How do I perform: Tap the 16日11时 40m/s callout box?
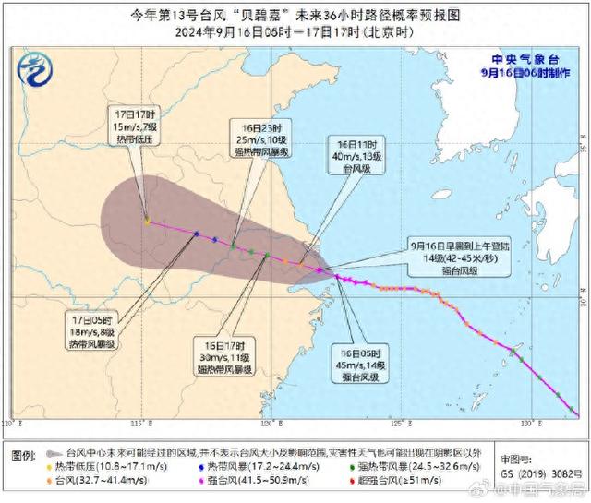click(x=355, y=153)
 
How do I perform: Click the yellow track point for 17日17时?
click(x=147, y=220)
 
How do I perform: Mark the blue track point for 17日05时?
click(x=196, y=234)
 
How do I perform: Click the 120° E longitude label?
click(x=270, y=422)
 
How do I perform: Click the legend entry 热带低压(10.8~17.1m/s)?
click(x=116, y=468)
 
